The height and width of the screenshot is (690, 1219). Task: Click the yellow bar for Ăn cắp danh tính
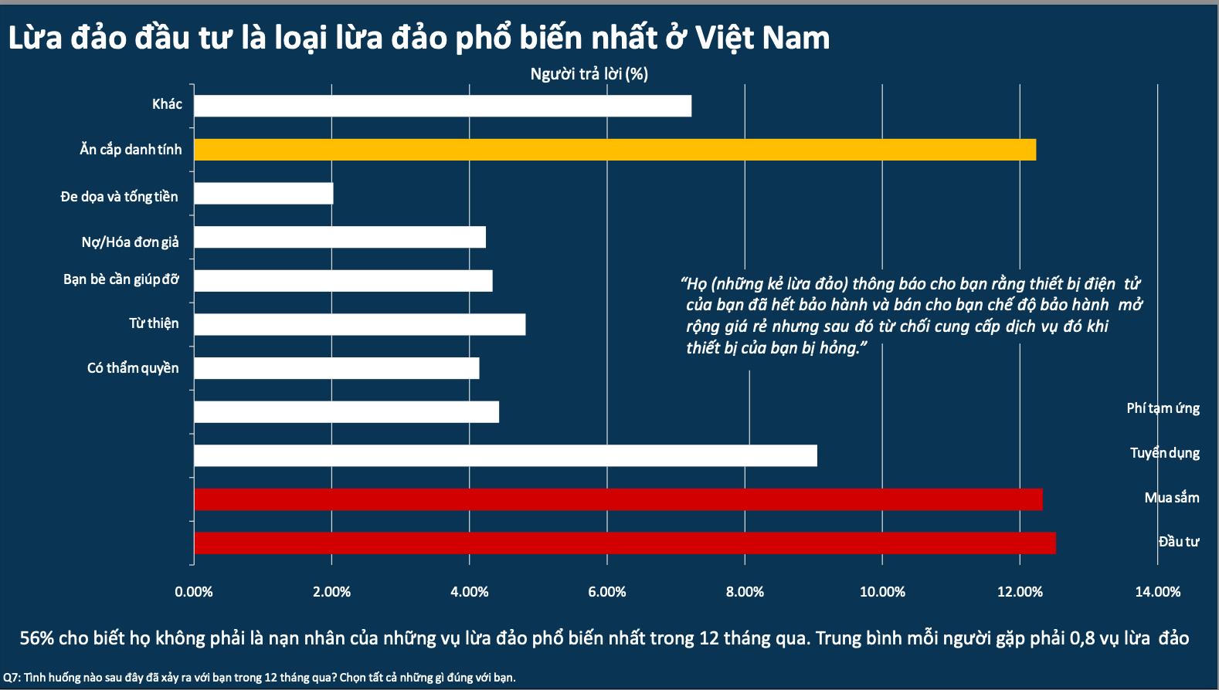pos(614,150)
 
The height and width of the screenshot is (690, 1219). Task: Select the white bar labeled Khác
pos(442,106)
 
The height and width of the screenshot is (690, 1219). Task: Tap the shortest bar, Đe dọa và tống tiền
pos(263,193)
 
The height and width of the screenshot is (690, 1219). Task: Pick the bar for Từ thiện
pos(359,324)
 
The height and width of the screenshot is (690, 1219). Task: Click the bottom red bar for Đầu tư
pos(624,543)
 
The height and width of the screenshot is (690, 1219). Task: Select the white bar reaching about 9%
pos(504,455)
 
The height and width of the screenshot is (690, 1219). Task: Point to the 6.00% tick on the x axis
pos(606,592)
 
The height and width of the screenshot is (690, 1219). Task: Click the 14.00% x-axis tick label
pos(1157,592)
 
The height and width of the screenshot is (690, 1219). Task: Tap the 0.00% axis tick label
pos(194,592)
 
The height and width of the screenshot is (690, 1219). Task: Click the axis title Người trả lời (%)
pos(589,74)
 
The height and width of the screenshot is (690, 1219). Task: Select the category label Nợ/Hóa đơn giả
pos(130,242)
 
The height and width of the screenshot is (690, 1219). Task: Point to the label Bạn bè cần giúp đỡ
pos(121,279)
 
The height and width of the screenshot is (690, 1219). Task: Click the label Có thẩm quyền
pos(132,368)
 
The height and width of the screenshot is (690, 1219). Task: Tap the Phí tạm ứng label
pos(1163,408)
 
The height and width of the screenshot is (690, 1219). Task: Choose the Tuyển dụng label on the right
pos(1164,452)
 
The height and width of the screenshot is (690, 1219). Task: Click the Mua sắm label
pos(1171,497)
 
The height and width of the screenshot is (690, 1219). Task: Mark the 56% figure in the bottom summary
pos(36,638)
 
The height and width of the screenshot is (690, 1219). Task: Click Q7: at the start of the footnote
pos(12,678)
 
